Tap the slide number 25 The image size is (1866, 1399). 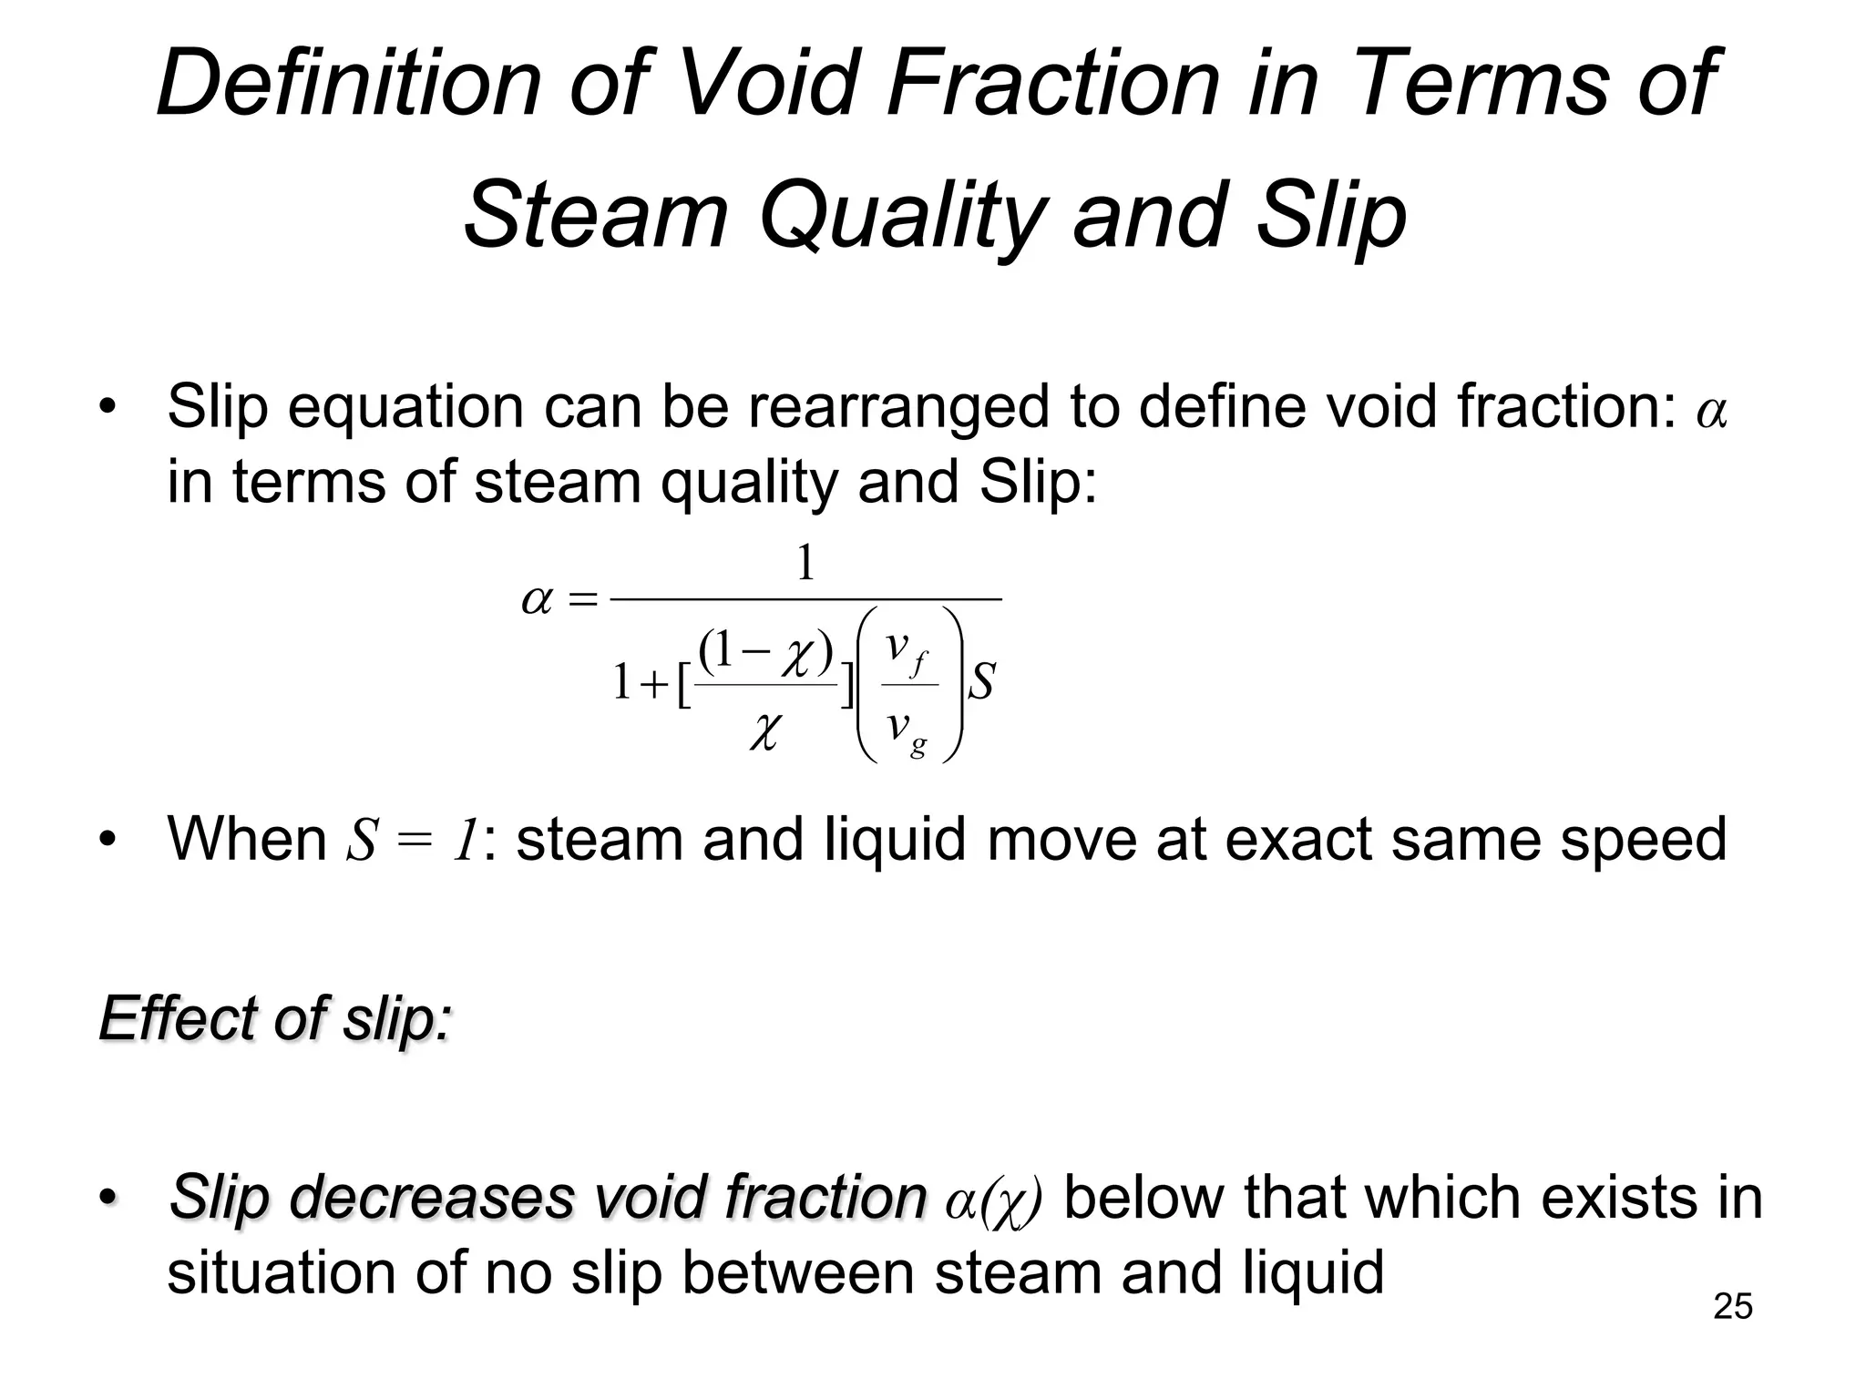[x=1733, y=1306]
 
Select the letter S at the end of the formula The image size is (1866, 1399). [x=981, y=681]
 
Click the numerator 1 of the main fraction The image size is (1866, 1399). [x=805, y=564]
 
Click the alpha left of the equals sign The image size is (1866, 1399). [x=537, y=600]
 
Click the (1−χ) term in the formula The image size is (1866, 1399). [x=766, y=651]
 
